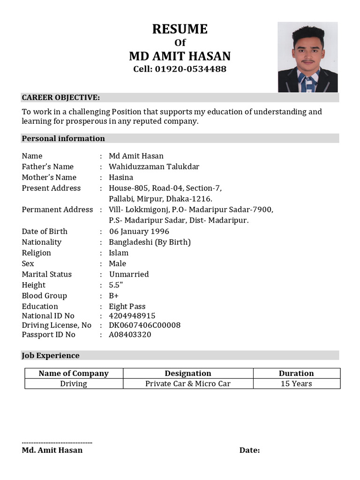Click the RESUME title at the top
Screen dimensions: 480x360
180,29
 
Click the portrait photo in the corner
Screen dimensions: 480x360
307,57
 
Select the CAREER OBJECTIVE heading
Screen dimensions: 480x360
61,97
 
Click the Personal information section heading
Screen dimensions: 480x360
63,138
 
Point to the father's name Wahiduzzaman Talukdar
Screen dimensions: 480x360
154,167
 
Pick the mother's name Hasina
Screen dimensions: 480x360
121,178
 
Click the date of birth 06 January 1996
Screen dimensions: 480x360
139,232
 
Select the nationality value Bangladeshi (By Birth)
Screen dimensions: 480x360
150,242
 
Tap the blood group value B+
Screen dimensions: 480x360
114,296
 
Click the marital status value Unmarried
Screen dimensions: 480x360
129,274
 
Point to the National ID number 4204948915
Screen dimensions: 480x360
132,316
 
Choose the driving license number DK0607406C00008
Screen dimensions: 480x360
144,325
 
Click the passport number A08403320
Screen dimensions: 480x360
130,335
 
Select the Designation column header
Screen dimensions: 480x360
188,374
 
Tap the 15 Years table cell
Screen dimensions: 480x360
296,384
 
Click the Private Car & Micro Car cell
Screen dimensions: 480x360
188,384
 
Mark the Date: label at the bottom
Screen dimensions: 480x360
249,450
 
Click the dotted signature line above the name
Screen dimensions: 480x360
57,442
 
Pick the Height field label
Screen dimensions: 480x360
34,285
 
